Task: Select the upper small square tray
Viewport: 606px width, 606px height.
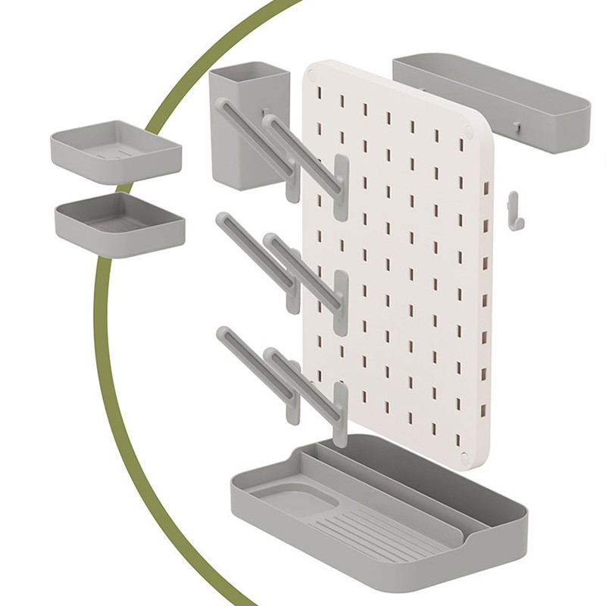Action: [x=116, y=151]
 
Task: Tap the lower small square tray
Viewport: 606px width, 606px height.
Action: [x=120, y=224]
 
